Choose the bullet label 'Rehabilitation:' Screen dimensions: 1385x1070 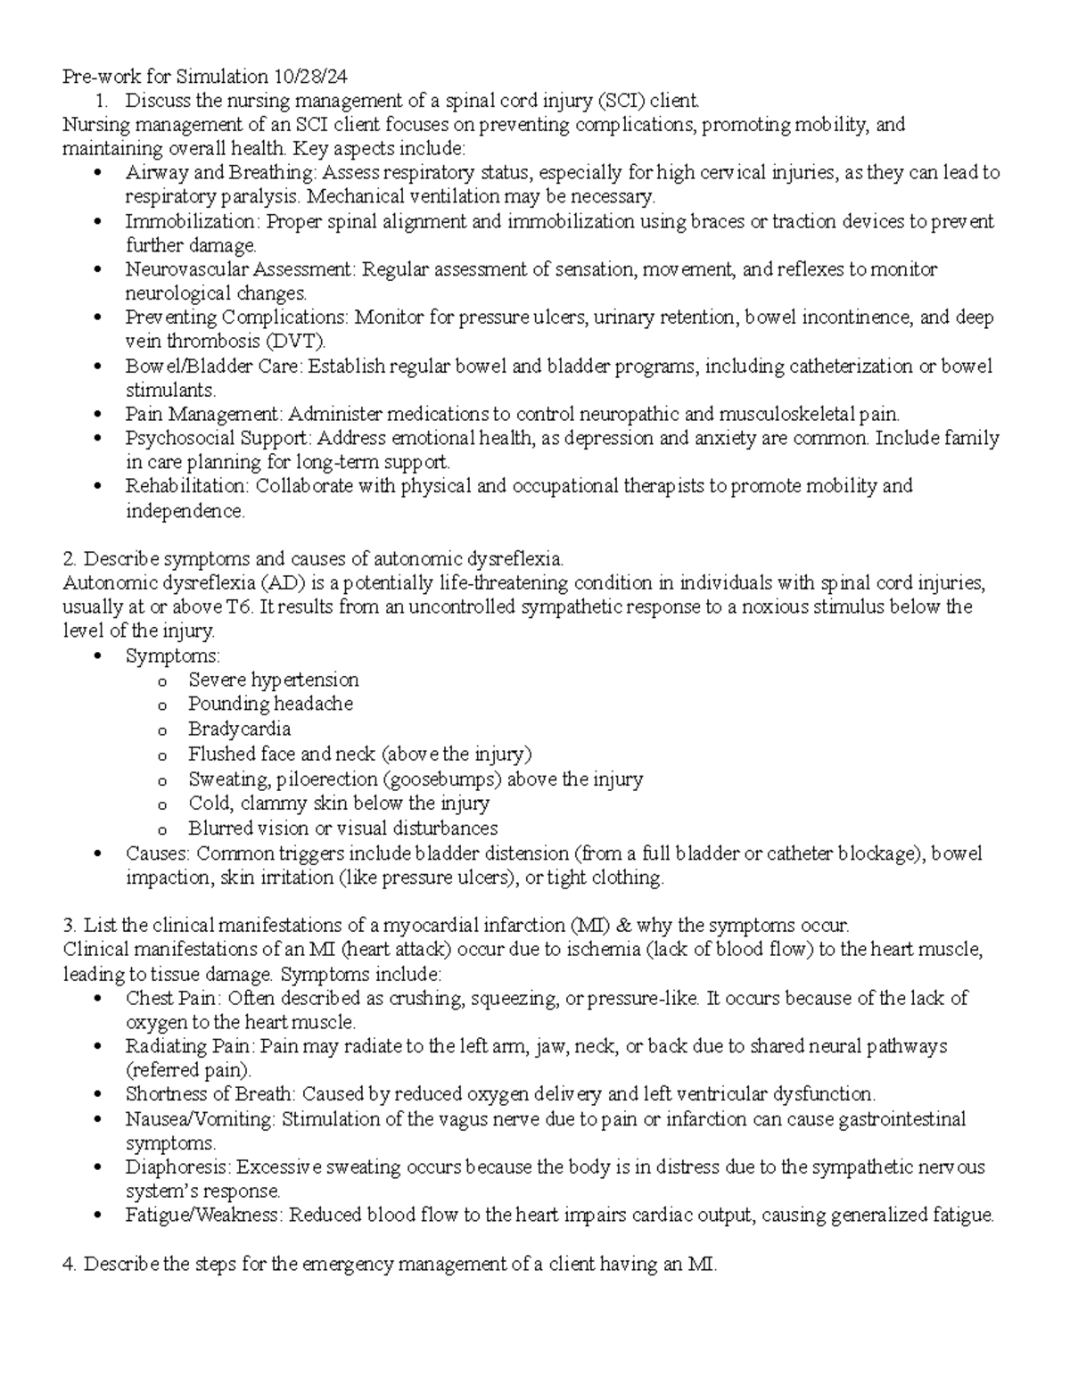pyautogui.click(x=188, y=486)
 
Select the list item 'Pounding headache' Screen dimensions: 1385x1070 pyautogui.click(x=270, y=704)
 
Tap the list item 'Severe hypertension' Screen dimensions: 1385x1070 pyautogui.click(x=273, y=680)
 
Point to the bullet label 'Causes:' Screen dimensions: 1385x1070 pyautogui.click(x=158, y=853)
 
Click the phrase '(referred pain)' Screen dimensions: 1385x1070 pyautogui.click(x=188, y=1070)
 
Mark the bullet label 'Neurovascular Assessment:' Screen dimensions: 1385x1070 pyautogui.click(x=241, y=269)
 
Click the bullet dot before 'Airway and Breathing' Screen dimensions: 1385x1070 pyautogui.click(x=97, y=173)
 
